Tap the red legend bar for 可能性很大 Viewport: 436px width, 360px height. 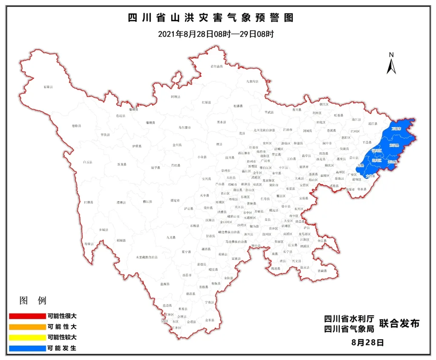[x=26, y=316]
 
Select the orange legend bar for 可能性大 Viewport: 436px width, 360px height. [x=26, y=327]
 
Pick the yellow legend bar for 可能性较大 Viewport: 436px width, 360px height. [x=26, y=337]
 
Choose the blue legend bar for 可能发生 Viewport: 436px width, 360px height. [x=26, y=348]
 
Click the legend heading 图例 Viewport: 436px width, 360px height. [x=33, y=301]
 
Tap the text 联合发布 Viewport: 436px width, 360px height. [x=399, y=324]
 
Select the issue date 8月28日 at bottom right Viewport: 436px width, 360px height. [x=368, y=342]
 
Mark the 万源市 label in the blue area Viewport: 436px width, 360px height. [x=396, y=128]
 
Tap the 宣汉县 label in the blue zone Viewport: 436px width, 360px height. [x=394, y=145]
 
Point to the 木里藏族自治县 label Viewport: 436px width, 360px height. [x=146, y=257]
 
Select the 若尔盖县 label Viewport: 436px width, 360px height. [x=217, y=66]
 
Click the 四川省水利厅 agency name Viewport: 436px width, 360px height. [x=349, y=319]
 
